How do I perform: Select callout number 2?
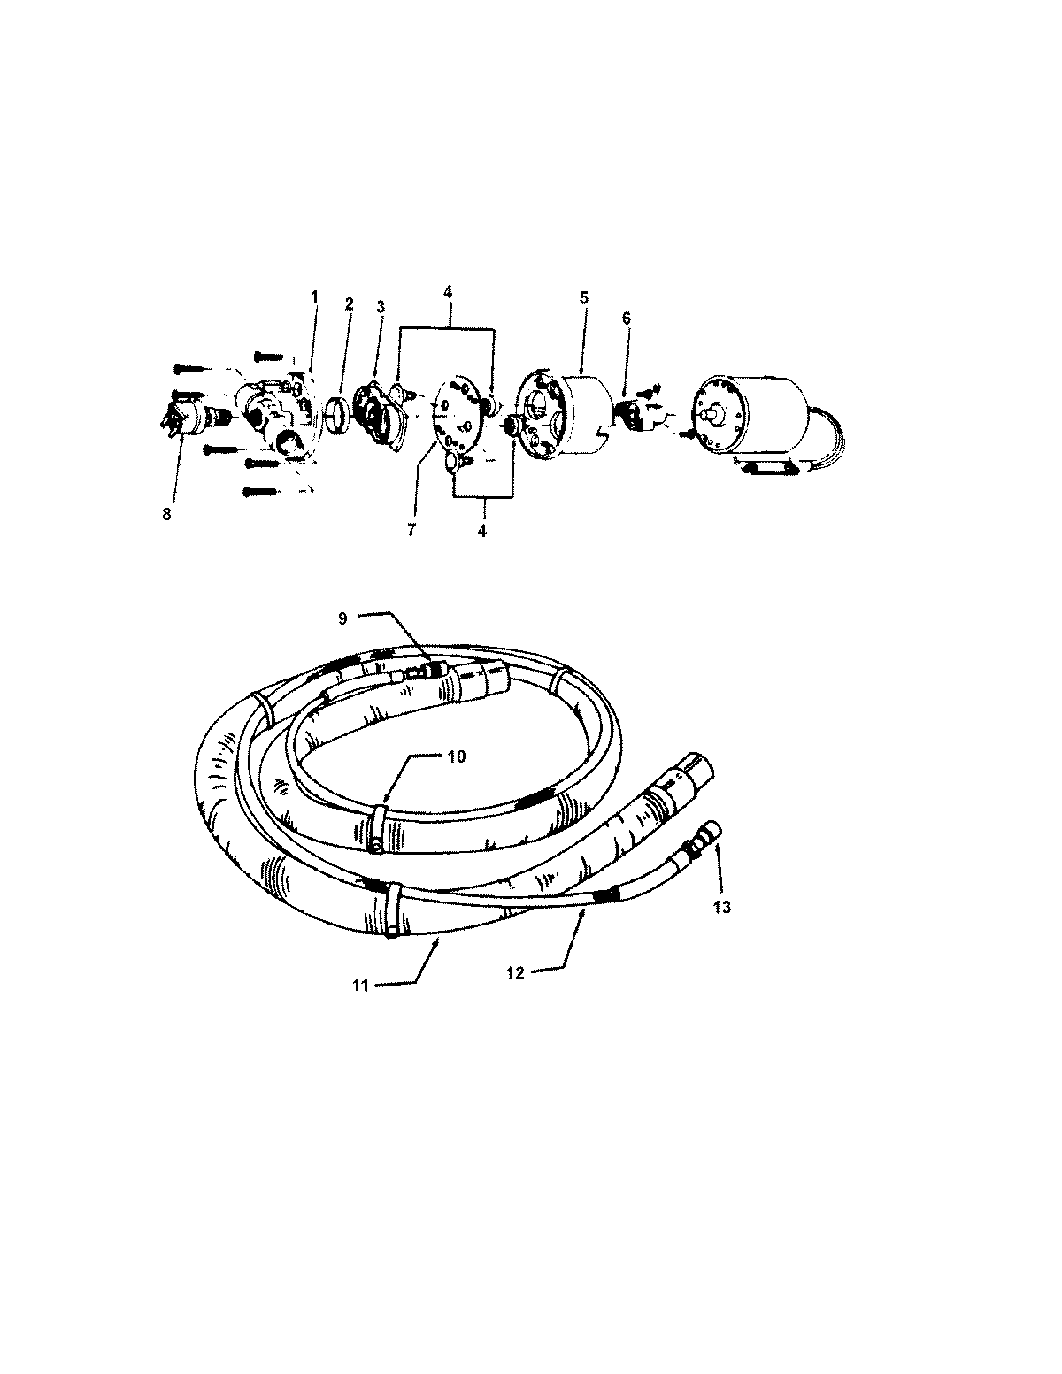[x=349, y=303]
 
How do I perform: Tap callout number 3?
[x=381, y=307]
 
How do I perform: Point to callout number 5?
[x=584, y=298]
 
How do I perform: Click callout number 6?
[x=627, y=318]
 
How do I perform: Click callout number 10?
[x=456, y=756]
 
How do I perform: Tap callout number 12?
[x=514, y=972]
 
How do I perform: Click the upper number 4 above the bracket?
[x=448, y=289]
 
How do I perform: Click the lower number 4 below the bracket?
[x=482, y=532]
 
